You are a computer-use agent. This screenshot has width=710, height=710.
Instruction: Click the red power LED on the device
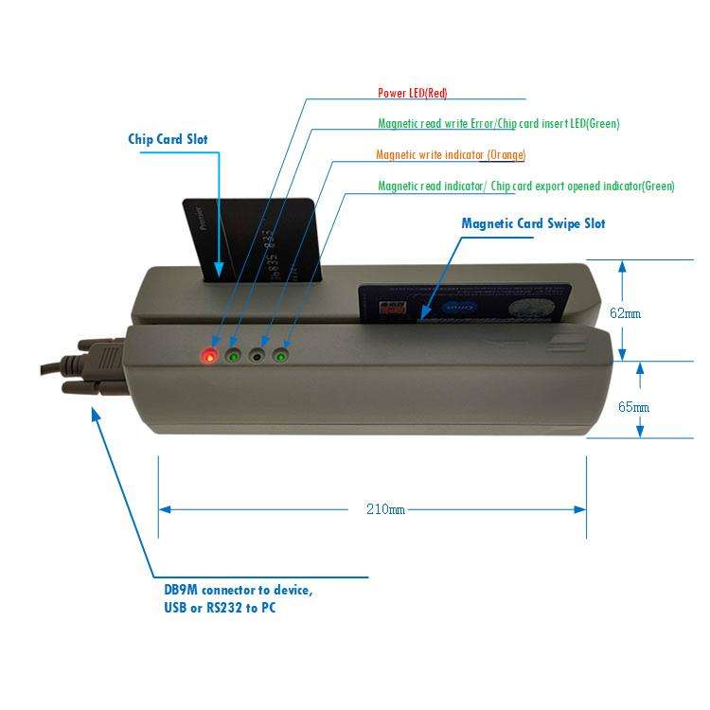tap(209, 356)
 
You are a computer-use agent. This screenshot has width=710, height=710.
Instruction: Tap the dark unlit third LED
tap(257, 356)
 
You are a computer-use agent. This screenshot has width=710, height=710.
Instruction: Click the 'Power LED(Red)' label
tap(412, 93)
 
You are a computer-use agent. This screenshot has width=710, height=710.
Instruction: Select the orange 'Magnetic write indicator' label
tap(451, 154)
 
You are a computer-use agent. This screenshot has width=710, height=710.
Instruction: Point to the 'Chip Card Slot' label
tap(168, 139)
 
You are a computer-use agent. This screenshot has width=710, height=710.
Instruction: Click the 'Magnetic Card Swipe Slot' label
tap(533, 224)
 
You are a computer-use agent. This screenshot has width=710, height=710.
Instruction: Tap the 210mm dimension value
tap(385, 509)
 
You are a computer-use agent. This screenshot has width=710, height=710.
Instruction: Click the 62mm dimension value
tap(626, 312)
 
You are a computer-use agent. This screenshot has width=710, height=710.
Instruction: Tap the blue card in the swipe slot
tap(464, 303)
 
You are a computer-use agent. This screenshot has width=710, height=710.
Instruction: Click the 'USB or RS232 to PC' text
tap(220, 607)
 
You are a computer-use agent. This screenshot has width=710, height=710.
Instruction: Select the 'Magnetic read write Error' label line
tap(498, 124)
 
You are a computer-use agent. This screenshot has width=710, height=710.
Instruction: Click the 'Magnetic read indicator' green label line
tap(525, 186)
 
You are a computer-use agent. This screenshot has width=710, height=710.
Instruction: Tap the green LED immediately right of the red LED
tap(233, 356)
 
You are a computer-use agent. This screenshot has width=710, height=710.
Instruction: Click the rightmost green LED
tap(280, 356)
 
